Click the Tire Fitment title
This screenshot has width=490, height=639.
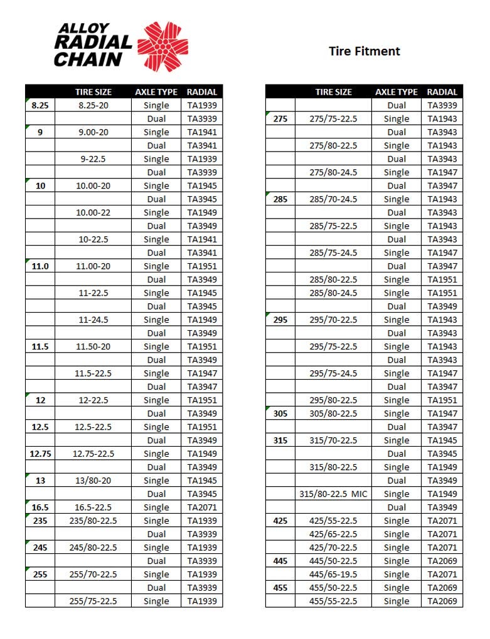tap(364, 51)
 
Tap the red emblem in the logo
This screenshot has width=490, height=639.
tap(162, 45)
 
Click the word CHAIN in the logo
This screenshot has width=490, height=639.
tap(88, 60)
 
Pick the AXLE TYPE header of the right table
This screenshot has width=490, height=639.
tap(396, 92)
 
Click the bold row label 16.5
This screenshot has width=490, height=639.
tap(40, 507)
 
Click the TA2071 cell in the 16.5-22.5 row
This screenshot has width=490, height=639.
tap(201, 507)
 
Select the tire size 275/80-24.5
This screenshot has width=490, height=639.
tap(333, 172)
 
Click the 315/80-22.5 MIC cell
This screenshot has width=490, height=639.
tap(333, 494)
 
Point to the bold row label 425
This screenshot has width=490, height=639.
tap(280, 521)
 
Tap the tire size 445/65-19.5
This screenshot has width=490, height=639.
tap(333, 574)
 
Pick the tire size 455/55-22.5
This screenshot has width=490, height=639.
tap(333, 601)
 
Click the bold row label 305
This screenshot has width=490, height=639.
tap(280, 413)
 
